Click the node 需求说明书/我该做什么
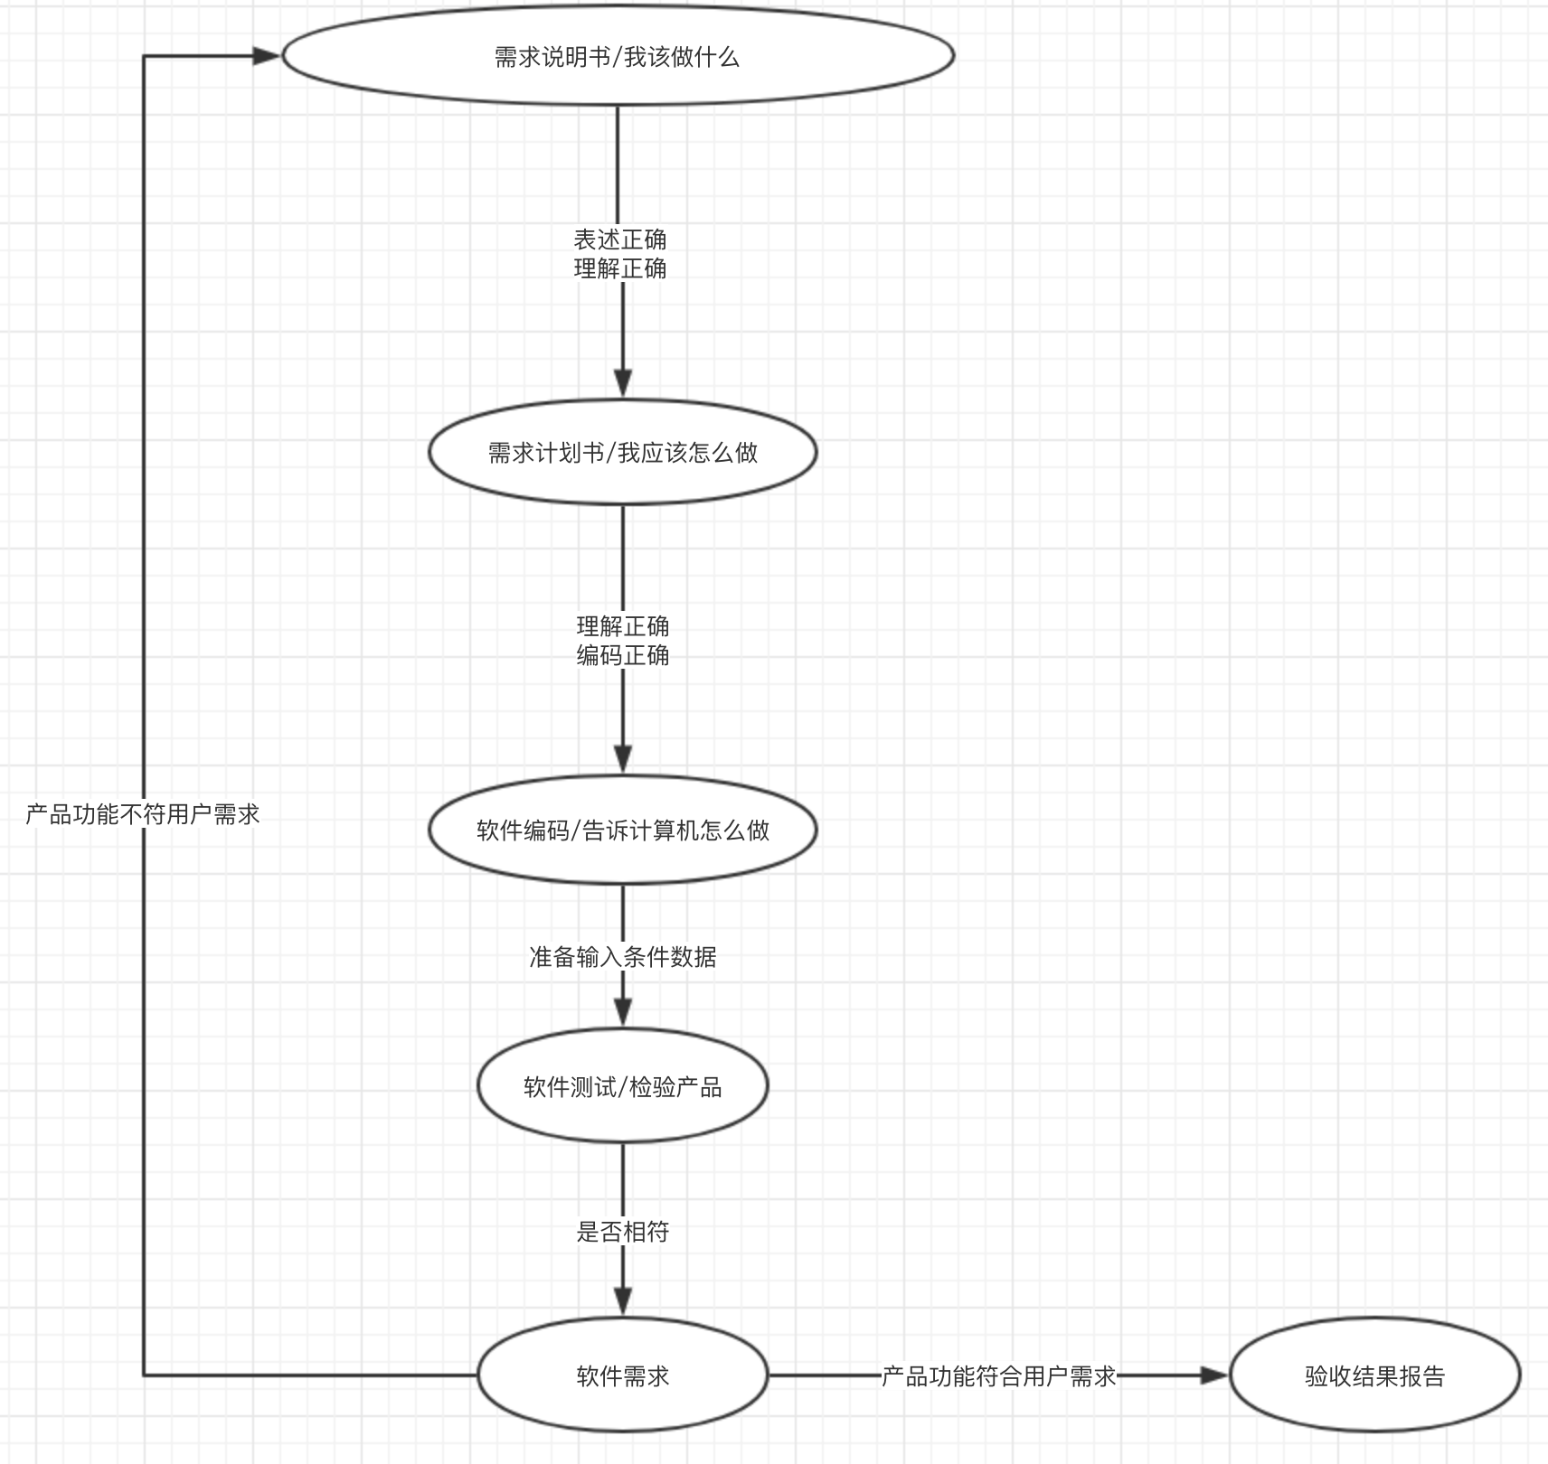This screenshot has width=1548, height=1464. click(x=618, y=56)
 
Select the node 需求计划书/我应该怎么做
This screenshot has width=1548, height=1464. click(x=622, y=452)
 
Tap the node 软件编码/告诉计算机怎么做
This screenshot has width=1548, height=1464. click(x=622, y=830)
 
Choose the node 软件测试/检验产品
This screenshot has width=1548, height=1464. click(x=622, y=1086)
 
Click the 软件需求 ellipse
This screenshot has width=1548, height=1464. click(x=622, y=1375)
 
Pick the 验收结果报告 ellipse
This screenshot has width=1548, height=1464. click(x=1374, y=1375)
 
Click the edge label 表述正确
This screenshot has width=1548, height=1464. click(x=620, y=239)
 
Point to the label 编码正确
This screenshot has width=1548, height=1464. click(x=623, y=655)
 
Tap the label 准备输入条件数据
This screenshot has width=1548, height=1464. click(x=622, y=956)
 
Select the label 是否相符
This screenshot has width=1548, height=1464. click(x=622, y=1231)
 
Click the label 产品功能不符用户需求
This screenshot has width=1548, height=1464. click(x=143, y=814)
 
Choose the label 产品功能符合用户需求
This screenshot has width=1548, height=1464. click(x=998, y=1375)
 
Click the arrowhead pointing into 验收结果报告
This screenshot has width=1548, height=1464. click(x=1213, y=1375)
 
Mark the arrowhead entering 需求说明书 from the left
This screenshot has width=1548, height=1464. click(x=266, y=56)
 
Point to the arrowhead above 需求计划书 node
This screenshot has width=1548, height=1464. click(x=622, y=382)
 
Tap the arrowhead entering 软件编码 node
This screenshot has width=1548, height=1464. click(x=622, y=758)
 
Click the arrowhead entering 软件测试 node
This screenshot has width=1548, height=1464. click(x=622, y=1011)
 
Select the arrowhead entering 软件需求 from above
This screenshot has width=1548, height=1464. click(x=622, y=1300)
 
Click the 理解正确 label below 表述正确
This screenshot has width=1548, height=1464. click(x=620, y=268)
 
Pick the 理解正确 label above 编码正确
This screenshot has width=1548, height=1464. click(x=623, y=626)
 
